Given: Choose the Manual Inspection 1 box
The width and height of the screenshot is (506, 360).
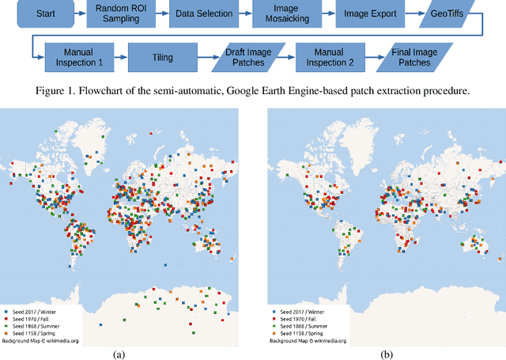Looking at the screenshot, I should click(80, 57).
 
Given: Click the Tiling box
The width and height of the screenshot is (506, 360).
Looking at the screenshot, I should click(161, 57).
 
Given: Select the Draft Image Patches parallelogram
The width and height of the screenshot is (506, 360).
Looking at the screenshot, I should click(245, 57).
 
